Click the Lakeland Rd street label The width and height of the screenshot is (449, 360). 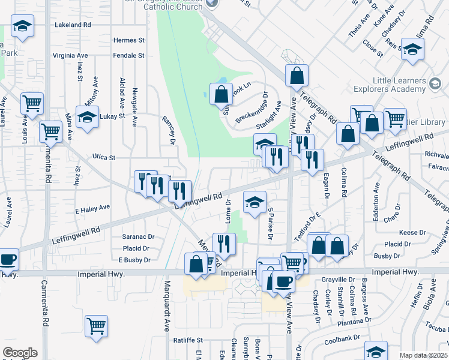(x=72, y=25)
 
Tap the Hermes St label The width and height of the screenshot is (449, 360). (x=129, y=40)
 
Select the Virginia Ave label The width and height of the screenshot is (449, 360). (x=70, y=55)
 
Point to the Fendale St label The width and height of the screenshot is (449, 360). (x=129, y=55)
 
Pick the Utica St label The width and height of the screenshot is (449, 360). (x=104, y=157)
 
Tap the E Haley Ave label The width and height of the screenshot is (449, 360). (x=92, y=208)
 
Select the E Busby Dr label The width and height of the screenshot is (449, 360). (x=134, y=260)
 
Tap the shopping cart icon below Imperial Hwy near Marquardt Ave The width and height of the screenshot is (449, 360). (x=96, y=326)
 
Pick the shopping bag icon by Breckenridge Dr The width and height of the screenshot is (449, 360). (x=221, y=93)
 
